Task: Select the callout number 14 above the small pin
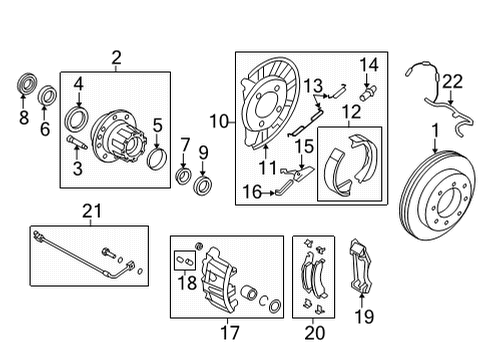(370, 65)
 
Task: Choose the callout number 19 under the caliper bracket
(363, 318)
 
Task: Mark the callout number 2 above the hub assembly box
(116, 59)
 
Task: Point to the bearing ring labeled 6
(47, 96)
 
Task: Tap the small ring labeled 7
(184, 177)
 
